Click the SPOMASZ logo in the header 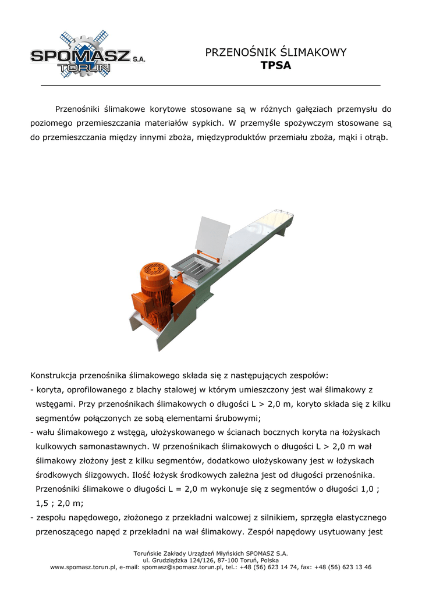[x=87, y=56]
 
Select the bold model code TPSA [x=276, y=66]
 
